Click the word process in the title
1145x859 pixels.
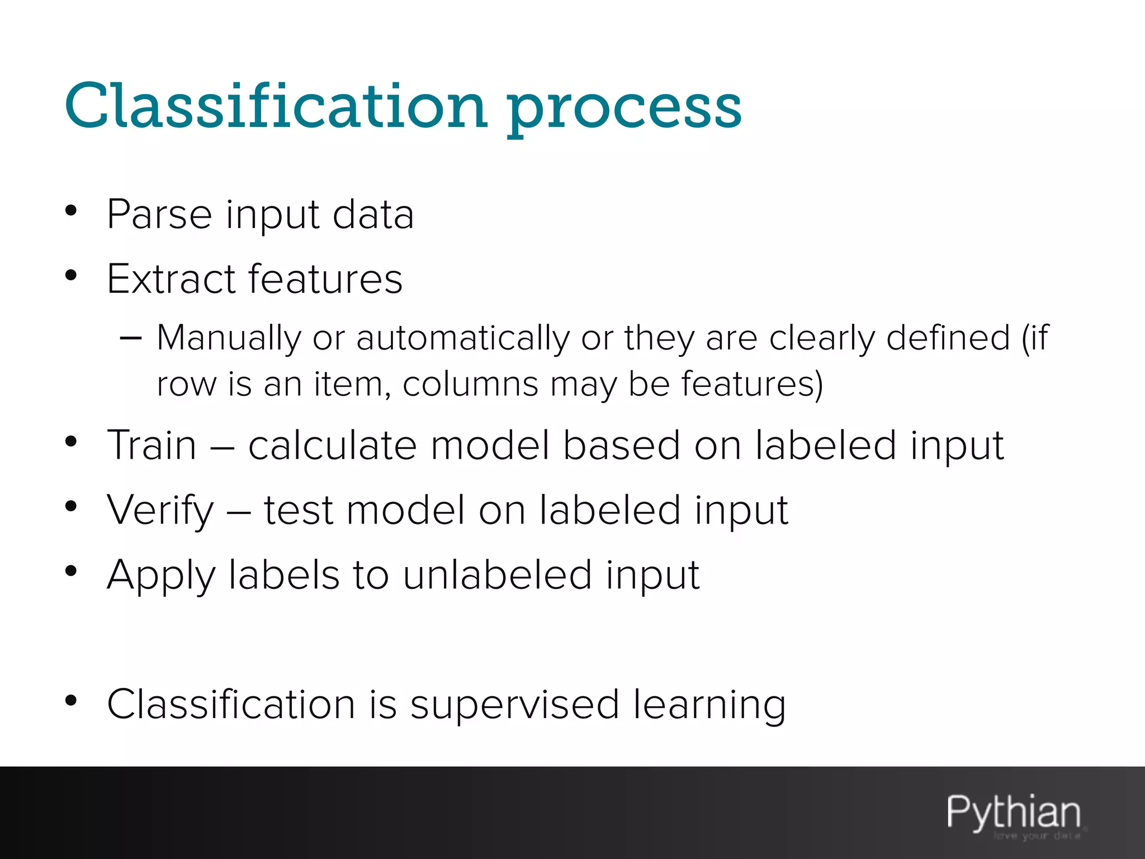click(624, 109)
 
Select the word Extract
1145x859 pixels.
click(171, 279)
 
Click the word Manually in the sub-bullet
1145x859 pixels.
click(229, 339)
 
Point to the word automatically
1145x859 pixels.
click(463, 339)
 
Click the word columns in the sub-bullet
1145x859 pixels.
click(470, 385)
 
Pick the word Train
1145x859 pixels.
click(152, 446)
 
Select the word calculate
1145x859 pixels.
click(333, 446)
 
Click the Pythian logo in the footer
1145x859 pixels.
click(1014, 814)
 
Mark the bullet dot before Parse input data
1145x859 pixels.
click(70, 211)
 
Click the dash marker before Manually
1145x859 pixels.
click(130, 338)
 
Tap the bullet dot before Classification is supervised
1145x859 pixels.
click(70, 701)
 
